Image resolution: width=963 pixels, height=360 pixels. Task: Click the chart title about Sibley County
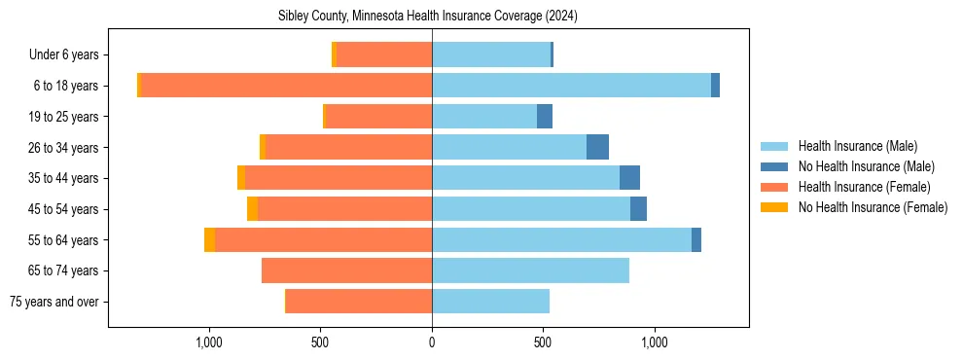click(x=428, y=16)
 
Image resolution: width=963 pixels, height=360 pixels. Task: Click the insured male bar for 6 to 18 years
click(x=571, y=86)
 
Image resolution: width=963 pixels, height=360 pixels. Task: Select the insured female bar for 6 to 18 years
click(x=287, y=86)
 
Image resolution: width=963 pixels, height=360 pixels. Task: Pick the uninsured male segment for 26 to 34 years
click(x=597, y=147)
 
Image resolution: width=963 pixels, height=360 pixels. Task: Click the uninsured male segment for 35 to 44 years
click(x=629, y=178)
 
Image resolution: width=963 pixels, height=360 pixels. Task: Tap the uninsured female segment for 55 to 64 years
click(x=209, y=239)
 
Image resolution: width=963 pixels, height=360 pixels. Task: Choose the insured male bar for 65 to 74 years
click(x=530, y=270)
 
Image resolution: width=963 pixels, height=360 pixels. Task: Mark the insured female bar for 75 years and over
click(x=359, y=302)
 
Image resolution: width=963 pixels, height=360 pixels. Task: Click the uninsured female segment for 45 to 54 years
click(x=252, y=209)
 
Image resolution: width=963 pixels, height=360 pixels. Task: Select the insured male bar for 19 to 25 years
click(x=484, y=117)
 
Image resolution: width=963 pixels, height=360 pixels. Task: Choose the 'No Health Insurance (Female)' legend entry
click(x=872, y=207)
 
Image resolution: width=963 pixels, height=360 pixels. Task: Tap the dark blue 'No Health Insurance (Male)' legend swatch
click(x=775, y=166)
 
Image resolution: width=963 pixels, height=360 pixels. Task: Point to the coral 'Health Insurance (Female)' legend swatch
click(x=775, y=187)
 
